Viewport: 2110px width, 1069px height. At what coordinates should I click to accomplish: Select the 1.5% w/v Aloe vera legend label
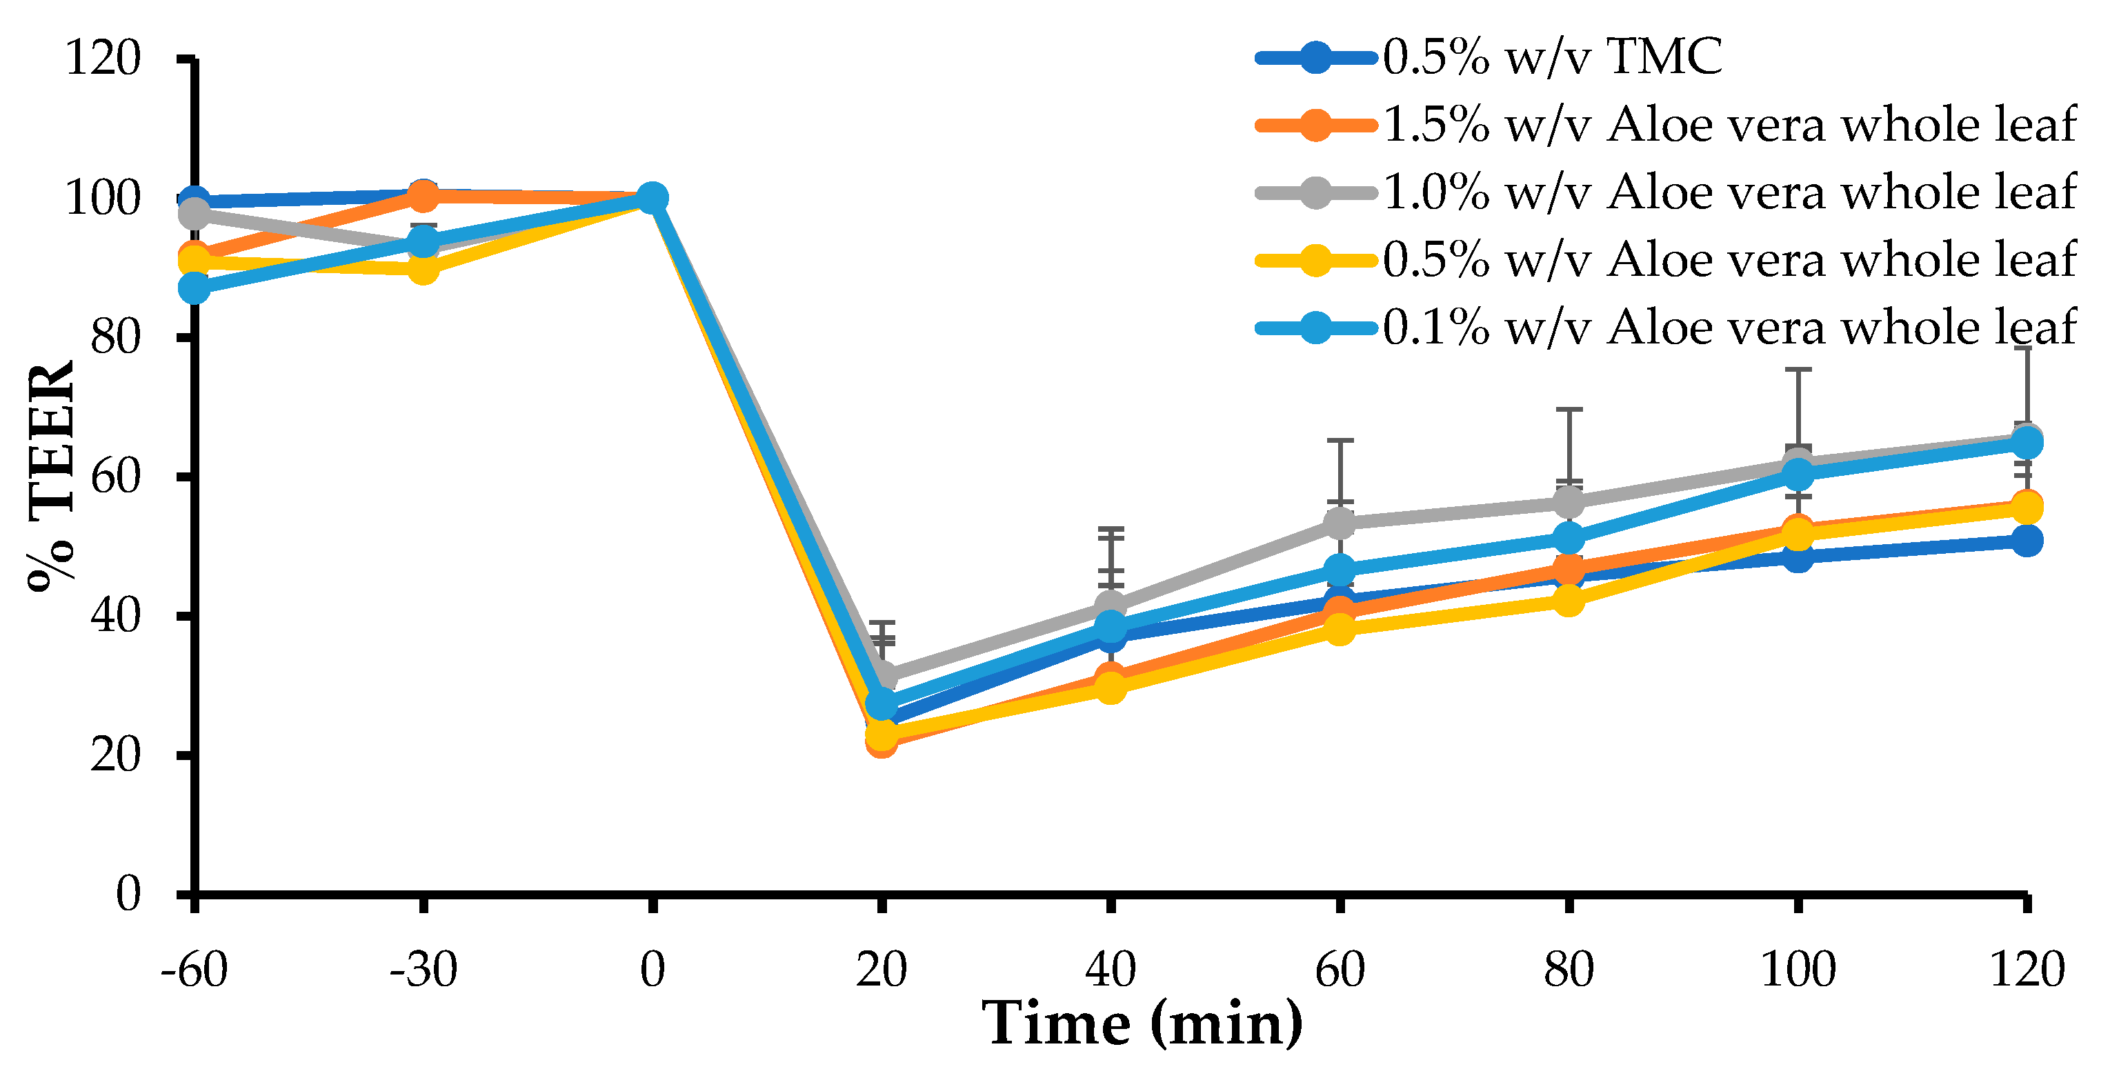tap(1729, 126)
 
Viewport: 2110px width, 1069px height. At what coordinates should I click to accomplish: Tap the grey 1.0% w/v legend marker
tap(1315, 192)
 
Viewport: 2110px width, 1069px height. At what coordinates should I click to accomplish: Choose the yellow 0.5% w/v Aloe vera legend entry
tap(1729, 261)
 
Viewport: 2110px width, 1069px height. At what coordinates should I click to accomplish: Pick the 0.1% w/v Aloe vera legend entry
tap(1729, 328)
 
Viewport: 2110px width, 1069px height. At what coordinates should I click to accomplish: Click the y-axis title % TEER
tap(51, 475)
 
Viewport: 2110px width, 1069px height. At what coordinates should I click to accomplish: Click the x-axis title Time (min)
tap(1143, 1024)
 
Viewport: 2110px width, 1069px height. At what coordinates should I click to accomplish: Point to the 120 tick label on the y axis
tap(102, 59)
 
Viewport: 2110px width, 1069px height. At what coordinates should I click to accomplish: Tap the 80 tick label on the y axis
tap(115, 337)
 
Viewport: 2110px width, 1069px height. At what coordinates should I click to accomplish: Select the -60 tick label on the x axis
tap(194, 970)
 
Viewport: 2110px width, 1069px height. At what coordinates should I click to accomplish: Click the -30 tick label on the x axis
tap(423, 970)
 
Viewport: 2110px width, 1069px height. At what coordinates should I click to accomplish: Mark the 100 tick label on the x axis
tap(1798, 970)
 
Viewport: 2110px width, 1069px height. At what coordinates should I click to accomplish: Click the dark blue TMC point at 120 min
tap(2027, 541)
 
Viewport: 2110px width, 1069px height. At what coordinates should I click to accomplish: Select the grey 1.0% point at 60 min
tap(1340, 522)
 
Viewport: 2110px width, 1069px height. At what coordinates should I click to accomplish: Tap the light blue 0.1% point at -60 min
tap(194, 288)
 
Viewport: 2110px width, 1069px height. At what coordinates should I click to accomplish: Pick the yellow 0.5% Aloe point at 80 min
tap(1569, 601)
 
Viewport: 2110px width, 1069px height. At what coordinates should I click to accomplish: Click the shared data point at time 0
tap(652, 198)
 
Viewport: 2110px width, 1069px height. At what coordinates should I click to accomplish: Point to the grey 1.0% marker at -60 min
tap(194, 214)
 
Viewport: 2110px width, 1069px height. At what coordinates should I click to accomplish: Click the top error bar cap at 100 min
tap(1798, 370)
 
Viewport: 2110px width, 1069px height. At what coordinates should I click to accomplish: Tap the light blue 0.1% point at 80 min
tap(1569, 538)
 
